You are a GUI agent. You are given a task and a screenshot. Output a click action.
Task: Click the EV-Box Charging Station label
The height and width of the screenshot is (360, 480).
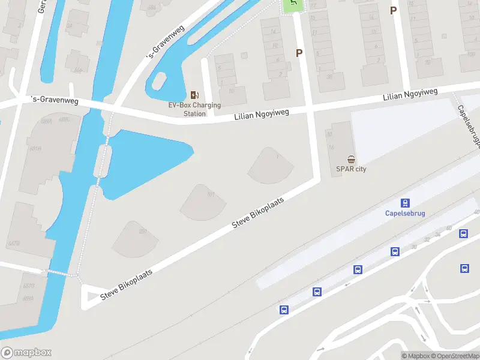[194, 109]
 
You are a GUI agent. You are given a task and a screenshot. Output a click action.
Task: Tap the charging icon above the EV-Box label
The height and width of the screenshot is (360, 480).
[194, 95]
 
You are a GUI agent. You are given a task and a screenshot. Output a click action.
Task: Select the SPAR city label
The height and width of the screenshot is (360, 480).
[352, 169]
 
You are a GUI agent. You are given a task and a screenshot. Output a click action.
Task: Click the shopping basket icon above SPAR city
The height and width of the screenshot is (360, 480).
[352, 159]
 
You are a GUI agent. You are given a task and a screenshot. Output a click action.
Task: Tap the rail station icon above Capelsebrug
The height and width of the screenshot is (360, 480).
[405, 203]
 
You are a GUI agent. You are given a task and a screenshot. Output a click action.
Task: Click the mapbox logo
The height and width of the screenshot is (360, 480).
[26, 353]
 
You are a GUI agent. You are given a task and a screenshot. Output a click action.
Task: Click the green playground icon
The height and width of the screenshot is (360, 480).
[293, 4]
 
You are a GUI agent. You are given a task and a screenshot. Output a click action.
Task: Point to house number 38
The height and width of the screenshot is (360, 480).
[329, 76]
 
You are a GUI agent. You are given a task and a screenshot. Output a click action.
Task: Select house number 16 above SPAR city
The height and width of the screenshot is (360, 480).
[331, 147]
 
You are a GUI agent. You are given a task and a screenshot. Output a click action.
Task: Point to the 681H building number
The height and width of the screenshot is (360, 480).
[35, 149]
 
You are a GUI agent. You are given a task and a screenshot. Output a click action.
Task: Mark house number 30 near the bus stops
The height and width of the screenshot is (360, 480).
[413, 247]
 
